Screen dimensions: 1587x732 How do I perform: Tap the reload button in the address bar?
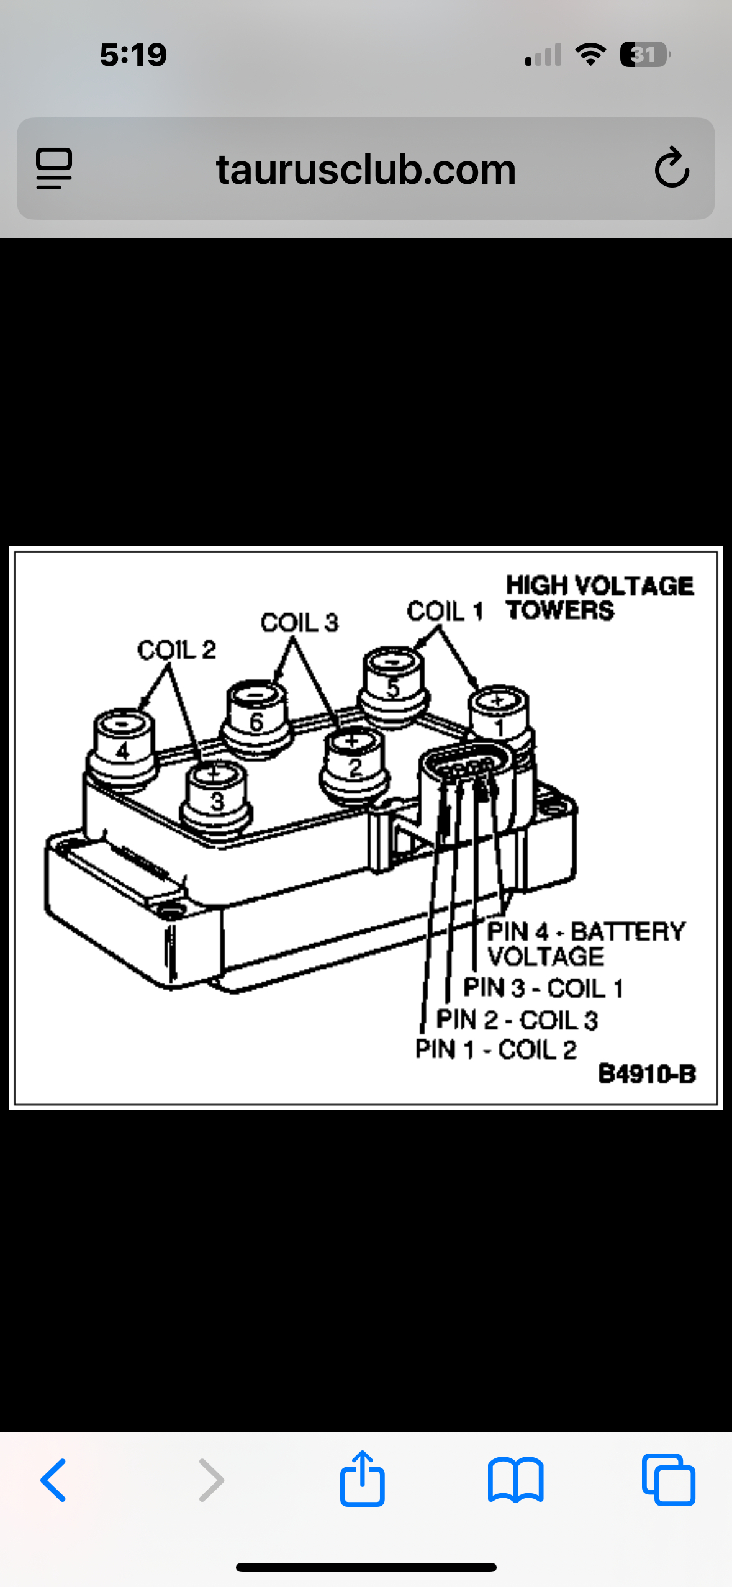672,168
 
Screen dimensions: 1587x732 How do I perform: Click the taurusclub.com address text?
366,170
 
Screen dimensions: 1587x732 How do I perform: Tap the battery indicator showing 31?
644,55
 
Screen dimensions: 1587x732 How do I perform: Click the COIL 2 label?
176,650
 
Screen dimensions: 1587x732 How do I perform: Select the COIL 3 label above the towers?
299,622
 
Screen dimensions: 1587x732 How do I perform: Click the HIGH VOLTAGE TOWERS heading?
599,597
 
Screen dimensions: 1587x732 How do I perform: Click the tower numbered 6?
256,717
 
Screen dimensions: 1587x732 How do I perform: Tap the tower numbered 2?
355,762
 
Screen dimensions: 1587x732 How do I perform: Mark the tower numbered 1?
499,720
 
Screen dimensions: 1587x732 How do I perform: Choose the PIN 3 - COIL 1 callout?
543,988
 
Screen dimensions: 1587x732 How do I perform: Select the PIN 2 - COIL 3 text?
517,1020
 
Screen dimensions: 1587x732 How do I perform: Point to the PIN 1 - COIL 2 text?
496,1049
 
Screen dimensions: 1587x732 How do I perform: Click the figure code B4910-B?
646,1074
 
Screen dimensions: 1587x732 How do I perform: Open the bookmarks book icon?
515,1480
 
